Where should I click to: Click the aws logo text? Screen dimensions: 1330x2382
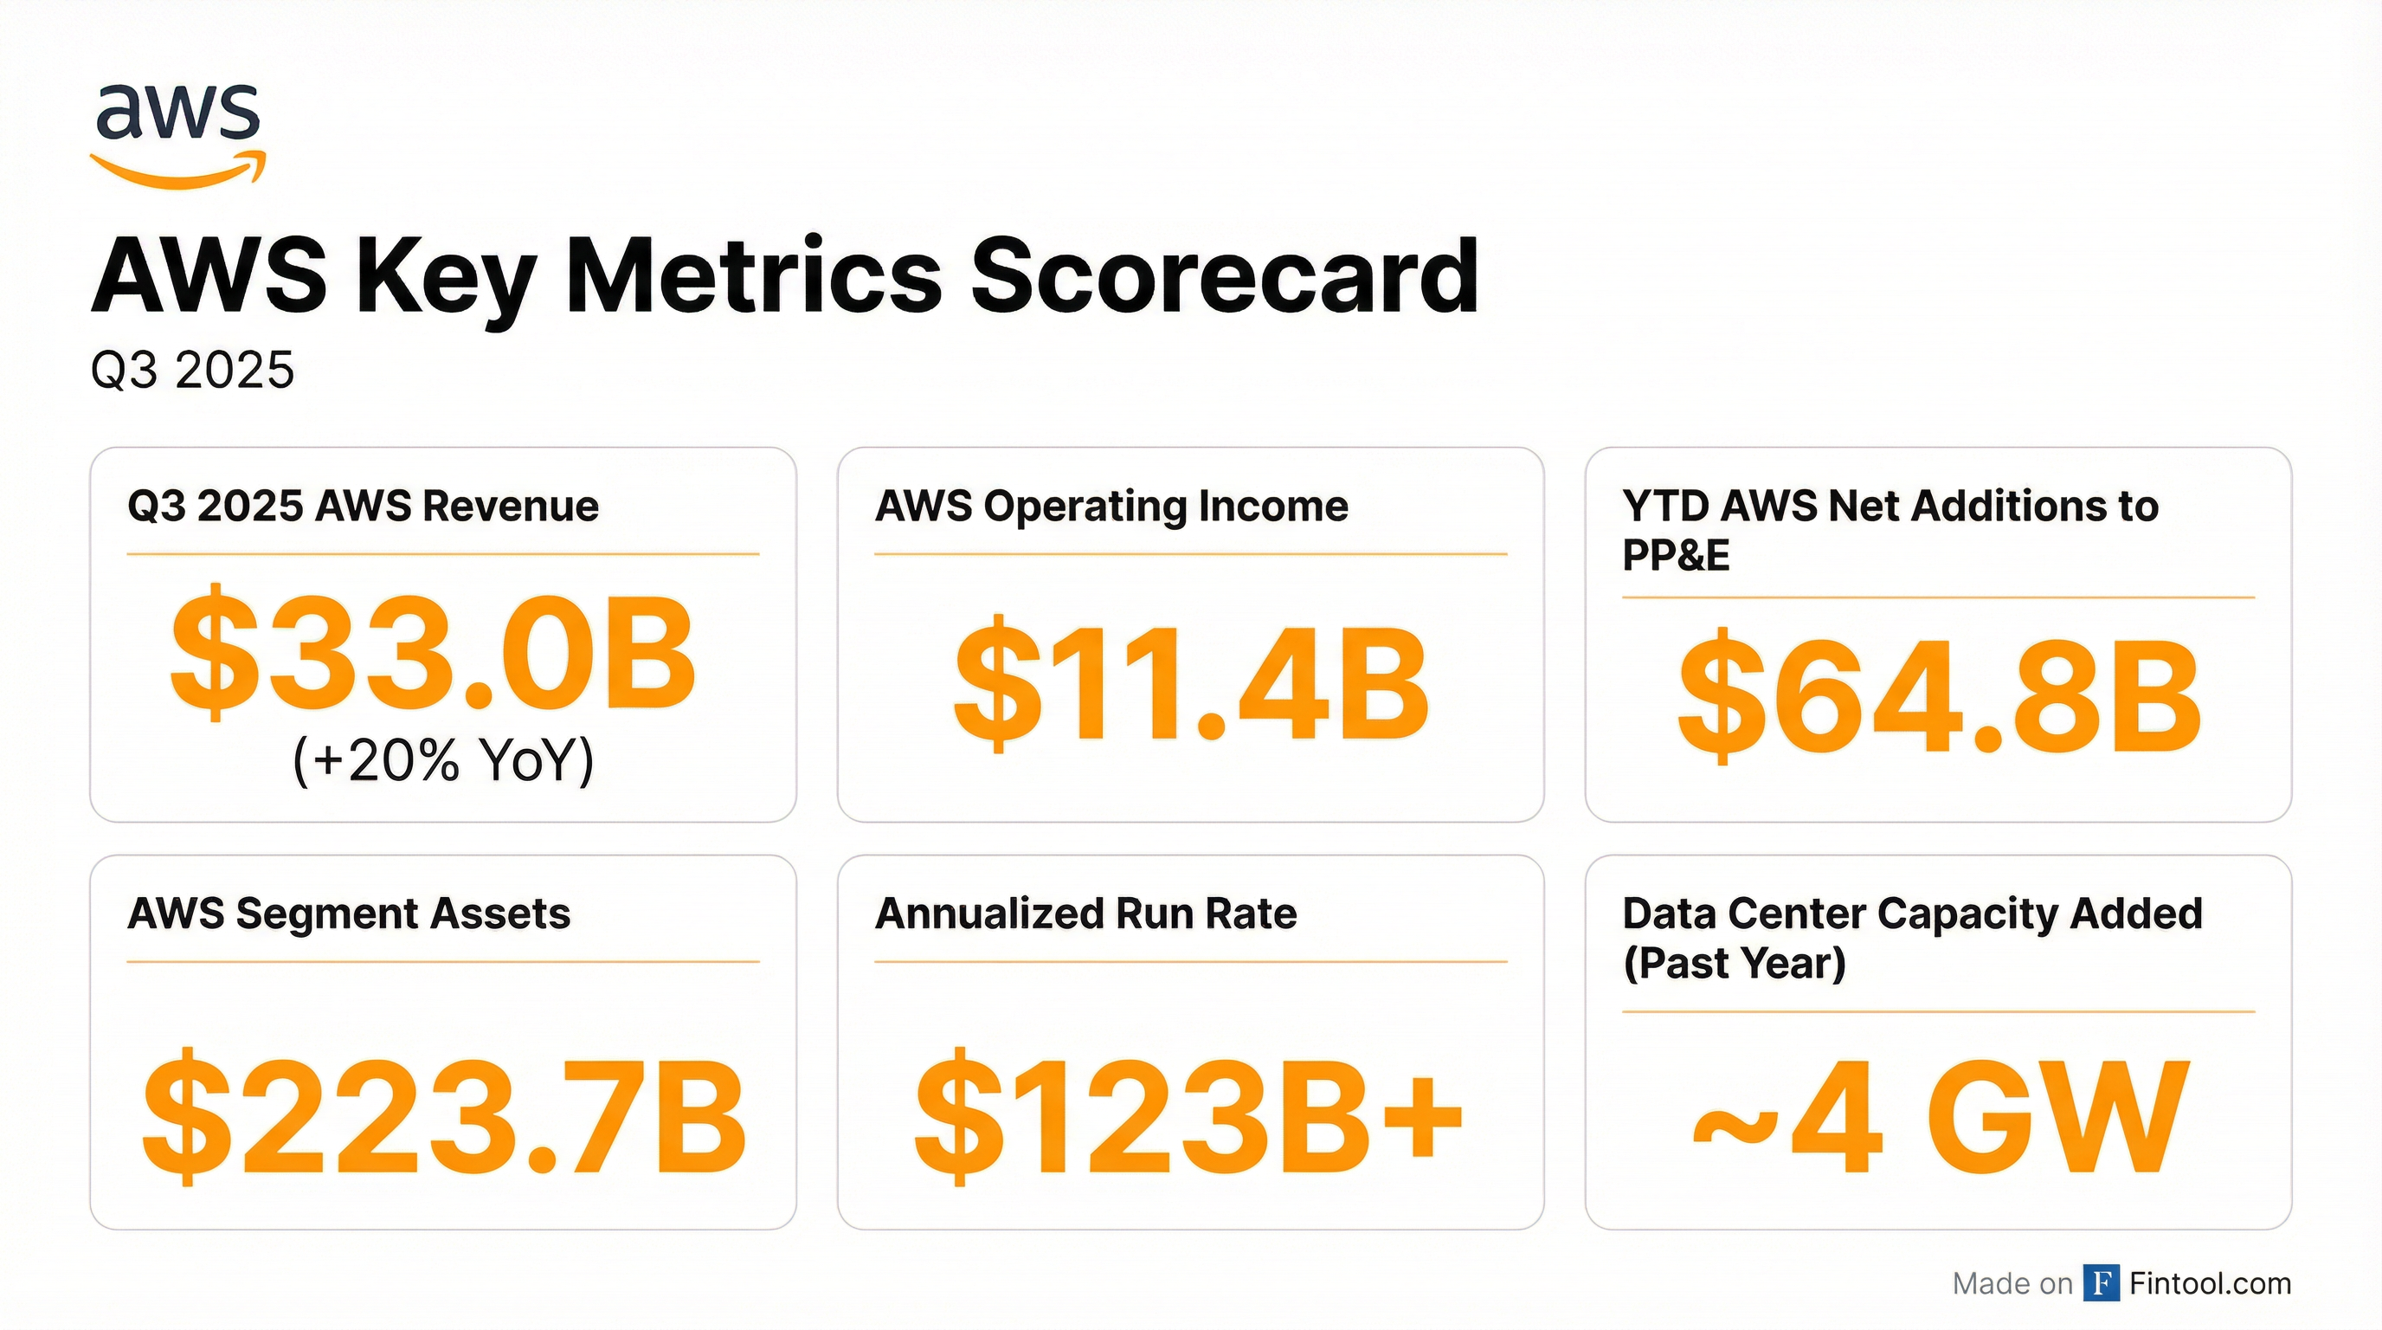pyautogui.click(x=177, y=113)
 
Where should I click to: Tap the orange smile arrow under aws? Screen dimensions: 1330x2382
pyautogui.click(x=177, y=172)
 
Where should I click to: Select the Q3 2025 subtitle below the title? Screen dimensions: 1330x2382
pyautogui.click(x=192, y=371)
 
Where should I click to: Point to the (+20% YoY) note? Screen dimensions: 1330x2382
pyautogui.click(x=443, y=760)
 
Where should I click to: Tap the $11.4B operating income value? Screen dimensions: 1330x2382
pyautogui.click(x=1191, y=684)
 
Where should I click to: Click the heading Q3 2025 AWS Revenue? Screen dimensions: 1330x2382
pyautogui.click(x=363, y=506)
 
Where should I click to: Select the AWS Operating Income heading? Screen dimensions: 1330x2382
pyautogui.click(x=1111, y=506)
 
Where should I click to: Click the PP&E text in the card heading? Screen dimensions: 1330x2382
pyautogui.click(x=1676, y=556)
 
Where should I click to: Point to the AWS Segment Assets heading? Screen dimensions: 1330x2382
pyautogui.click(x=349, y=914)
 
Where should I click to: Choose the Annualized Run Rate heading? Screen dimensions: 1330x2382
pyautogui.click(x=1085, y=914)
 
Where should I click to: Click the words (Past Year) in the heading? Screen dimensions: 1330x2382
pyautogui.click(x=1734, y=964)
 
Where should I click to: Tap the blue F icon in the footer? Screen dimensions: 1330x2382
pyautogui.click(x=2101, y=1283)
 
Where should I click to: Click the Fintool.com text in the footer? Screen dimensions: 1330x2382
pyautogui.click(x=2210, y=1283)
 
